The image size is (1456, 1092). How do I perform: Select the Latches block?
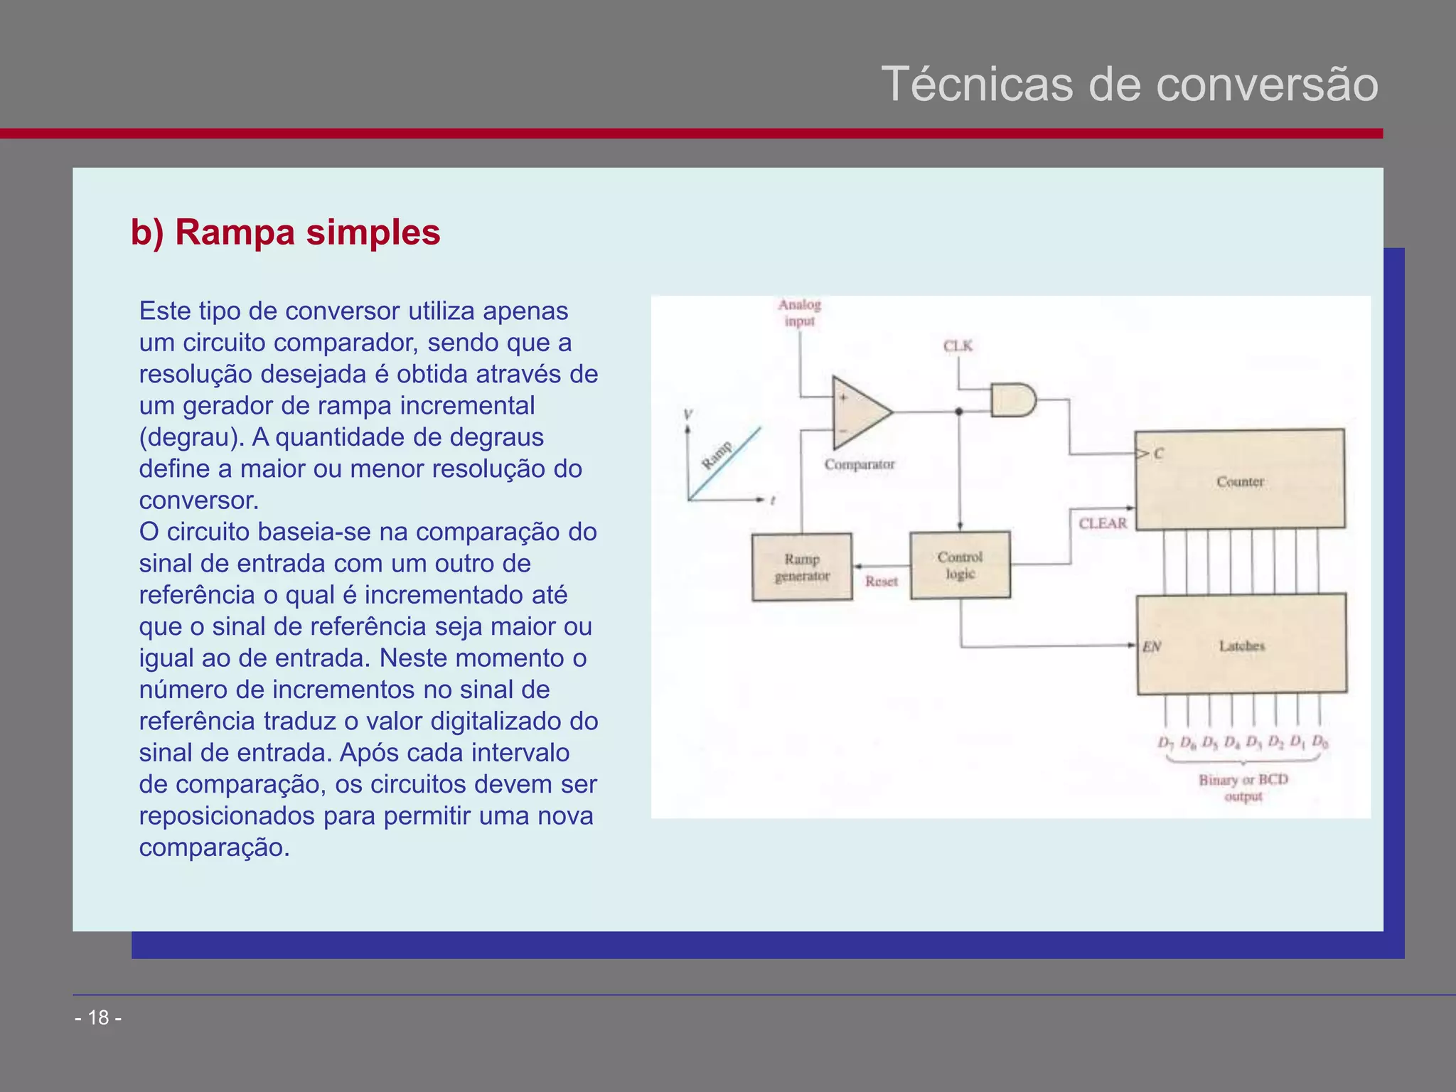(x=1241, y=645)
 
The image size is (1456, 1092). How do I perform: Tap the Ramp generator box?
(x=802, y=567)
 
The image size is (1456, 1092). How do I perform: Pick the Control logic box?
(x=960, y=565)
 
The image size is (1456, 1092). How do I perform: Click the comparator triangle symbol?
(x=858, y=412)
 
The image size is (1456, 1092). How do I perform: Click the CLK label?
(x=958, y=346)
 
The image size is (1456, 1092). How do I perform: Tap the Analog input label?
(x=799, y=313)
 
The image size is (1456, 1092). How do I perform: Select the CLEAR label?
(x=1103, y=523)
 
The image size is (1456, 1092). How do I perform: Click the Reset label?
(x=881, y=582)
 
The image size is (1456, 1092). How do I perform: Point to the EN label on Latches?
(x=1151, y=646)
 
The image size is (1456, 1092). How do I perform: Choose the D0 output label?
(x=1320, y=742)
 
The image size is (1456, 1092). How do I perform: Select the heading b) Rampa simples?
(x=285, y=232)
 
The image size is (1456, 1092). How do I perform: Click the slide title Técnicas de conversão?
(x=1130, y=84)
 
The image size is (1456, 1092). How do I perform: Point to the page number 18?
(x=98, y=1017)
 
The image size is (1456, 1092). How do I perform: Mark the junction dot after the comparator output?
(x=959, y=412)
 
